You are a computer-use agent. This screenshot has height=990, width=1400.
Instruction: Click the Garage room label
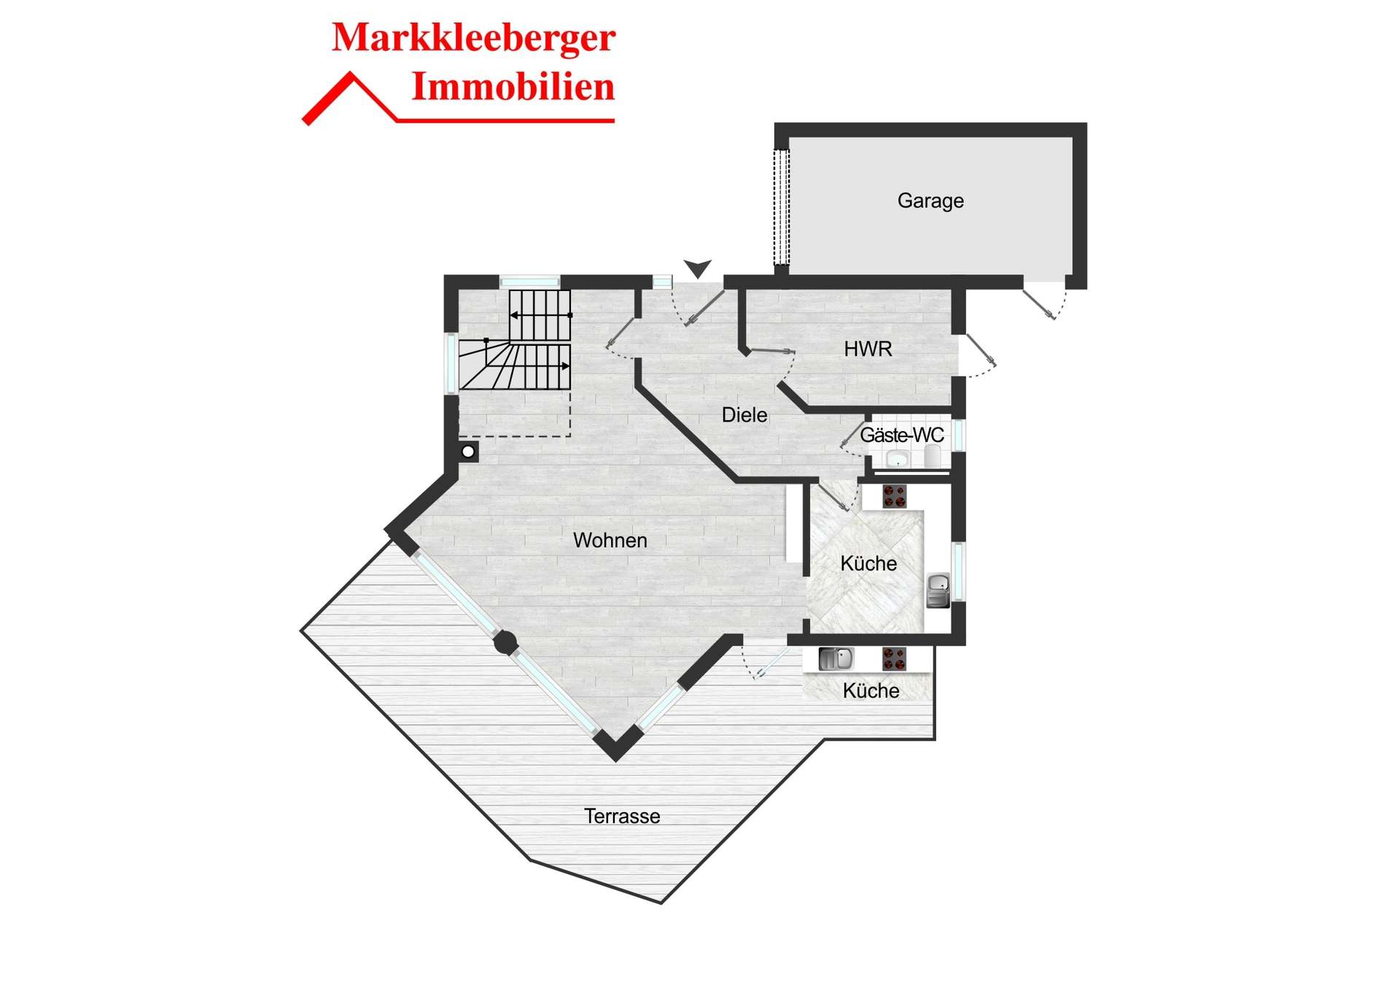click(x=930, y=201)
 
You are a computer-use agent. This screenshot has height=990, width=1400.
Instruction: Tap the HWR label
click(x=868, y=349)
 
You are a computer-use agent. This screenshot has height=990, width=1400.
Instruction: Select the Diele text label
click(x=744, y=415)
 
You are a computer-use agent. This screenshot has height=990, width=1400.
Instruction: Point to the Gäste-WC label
click(x=902, y=436)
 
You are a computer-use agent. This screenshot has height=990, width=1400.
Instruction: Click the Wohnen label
click(x=610, y=541)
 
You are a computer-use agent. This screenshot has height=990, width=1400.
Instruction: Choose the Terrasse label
click(x=622, y=816)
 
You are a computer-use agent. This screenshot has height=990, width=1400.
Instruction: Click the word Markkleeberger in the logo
click(x=474, y=38)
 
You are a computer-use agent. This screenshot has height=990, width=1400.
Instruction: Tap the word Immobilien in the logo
click(x=513, y=87)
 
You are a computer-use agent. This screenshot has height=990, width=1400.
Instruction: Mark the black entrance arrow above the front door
click(x=698, y=268)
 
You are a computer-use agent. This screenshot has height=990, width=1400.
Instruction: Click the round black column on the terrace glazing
click(x=505, y=643)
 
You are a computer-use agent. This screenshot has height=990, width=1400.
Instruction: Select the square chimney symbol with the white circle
click(x=468, y=452)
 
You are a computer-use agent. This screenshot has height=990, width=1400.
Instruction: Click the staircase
click(x=515, y=340)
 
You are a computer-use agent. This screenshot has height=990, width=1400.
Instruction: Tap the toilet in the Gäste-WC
click(x=933, y=457)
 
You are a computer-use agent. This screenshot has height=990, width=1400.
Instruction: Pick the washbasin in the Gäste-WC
click(x=897, y=459)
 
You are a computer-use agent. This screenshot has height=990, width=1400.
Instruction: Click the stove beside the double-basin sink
click(x=894, y=659)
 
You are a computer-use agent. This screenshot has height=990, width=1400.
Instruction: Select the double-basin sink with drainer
click(x=836, y=659)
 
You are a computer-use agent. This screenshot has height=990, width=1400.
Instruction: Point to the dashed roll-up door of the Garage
click(x=781, y=207)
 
